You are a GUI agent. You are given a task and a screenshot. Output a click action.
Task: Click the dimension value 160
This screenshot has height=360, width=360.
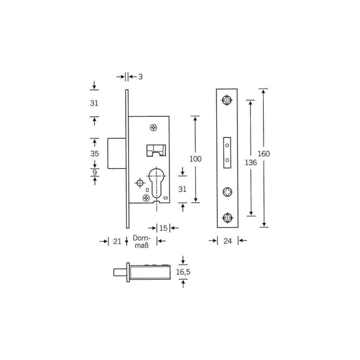(264, 153)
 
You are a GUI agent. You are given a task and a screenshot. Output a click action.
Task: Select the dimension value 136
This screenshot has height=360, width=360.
(251, 162)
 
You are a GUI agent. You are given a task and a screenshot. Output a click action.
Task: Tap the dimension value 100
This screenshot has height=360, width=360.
(195, 159)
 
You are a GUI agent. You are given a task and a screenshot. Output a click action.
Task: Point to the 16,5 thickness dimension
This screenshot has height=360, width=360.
(183, 272)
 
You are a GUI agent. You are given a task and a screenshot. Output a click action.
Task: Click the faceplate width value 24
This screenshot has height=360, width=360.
(228, 241)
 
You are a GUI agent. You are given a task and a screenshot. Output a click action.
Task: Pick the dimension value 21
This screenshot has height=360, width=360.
(117, 241)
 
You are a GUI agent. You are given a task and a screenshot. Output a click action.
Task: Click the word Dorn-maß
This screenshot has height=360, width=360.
(141, 242)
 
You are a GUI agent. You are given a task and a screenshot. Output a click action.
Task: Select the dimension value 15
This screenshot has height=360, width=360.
(163, 228)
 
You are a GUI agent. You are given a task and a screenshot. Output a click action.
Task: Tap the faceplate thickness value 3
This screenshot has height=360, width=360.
(140, 76)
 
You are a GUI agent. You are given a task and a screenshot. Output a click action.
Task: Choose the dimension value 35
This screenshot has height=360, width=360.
(94, 153)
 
